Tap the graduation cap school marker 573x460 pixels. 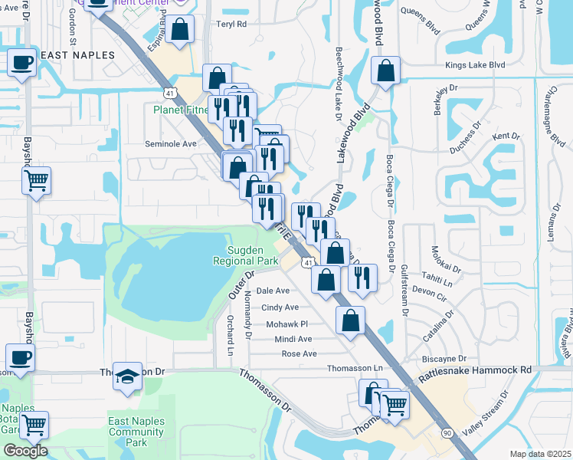pos(127,376)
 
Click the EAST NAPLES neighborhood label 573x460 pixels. pos(77,55)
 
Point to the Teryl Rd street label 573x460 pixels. pos(231,25)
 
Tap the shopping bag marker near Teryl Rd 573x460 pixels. pos(180,30)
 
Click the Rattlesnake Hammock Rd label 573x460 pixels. pos(476,369)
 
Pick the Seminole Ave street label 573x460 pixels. pos(171,143)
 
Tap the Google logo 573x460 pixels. pos(25,451)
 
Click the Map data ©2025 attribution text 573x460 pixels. pos(540,454)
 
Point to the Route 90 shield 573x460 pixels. pos(447,433)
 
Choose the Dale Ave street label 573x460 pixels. pos(273,291)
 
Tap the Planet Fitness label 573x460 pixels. pos(179,110)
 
